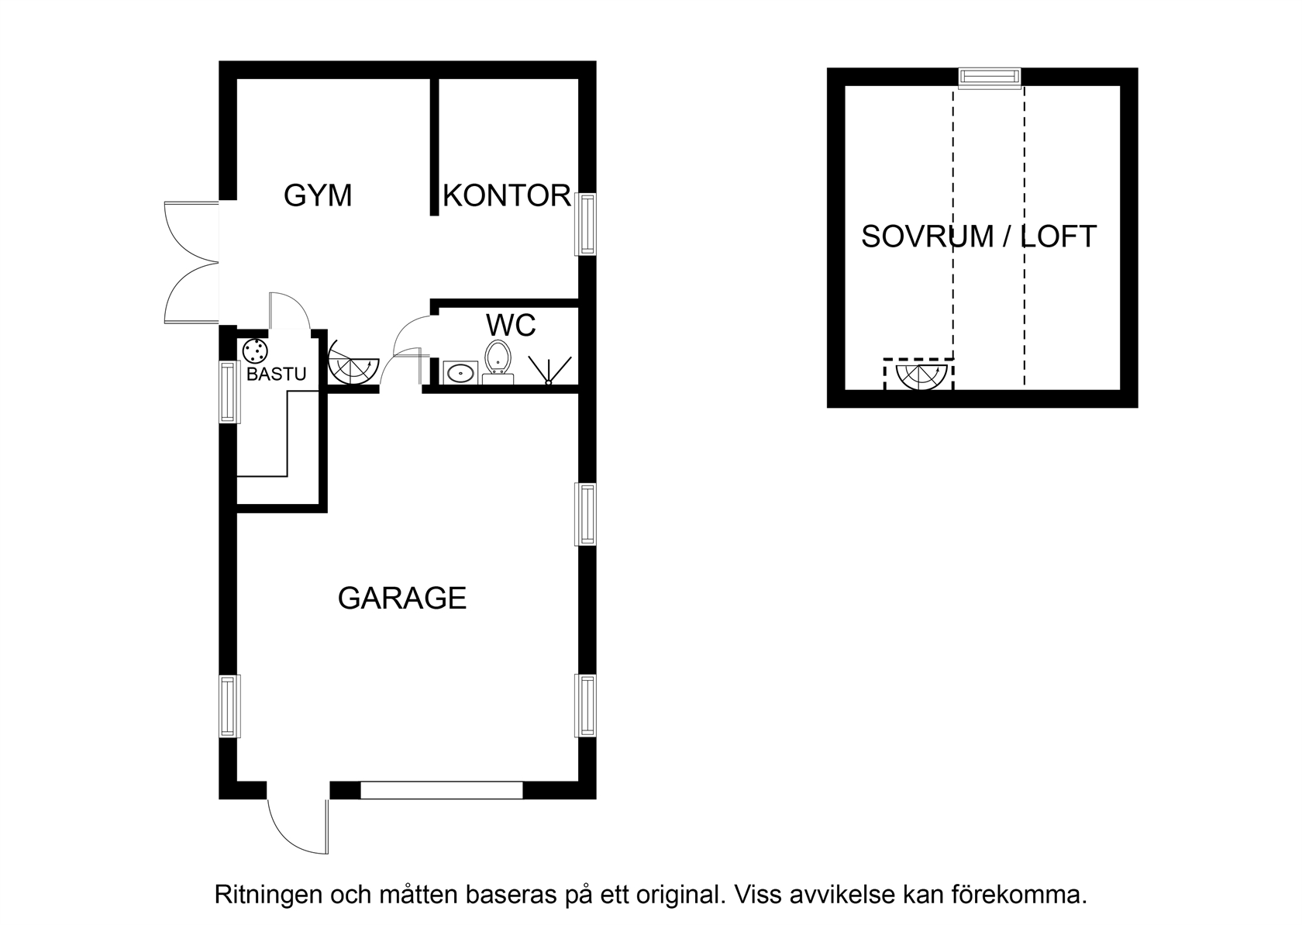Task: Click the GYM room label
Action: [318, 195]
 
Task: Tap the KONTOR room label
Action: [507, 195]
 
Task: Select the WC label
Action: [511, 325]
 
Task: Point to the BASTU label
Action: [276, 374]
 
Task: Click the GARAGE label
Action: [402, 598]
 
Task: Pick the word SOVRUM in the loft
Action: [928, 236]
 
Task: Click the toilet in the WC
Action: [498, 361]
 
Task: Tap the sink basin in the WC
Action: [461, 373]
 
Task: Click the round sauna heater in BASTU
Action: [255, 350]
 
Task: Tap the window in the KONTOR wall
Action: [586, 224]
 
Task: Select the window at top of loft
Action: [990, 78]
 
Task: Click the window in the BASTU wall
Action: [229, 392]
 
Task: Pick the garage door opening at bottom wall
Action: [442, 790]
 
